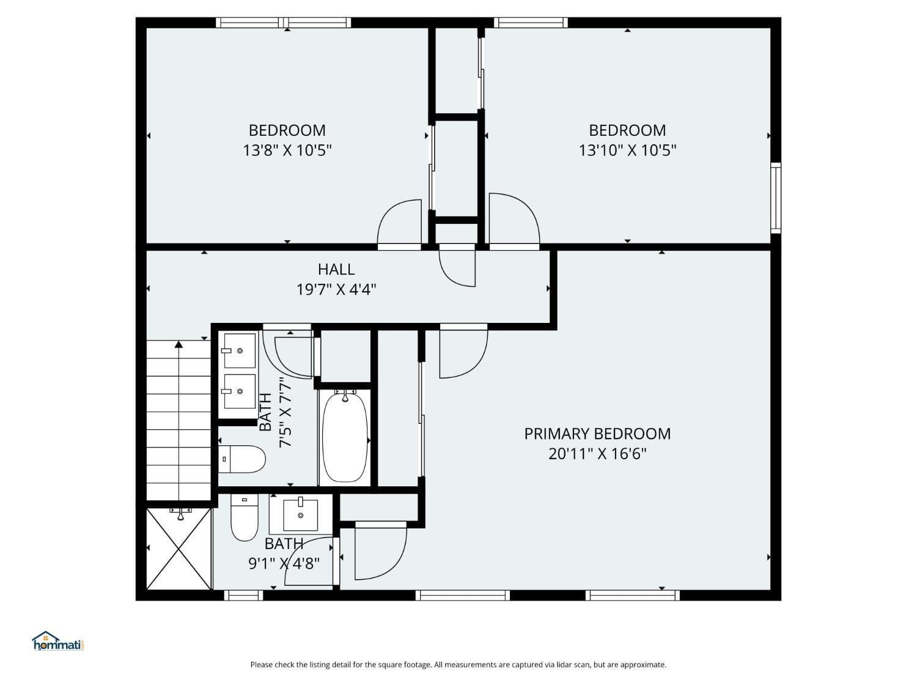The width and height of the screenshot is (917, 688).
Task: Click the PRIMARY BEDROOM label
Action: (597, 434)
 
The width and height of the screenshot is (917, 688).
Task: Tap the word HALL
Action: (336, 269)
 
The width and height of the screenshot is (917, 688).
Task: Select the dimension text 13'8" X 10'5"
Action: (287, 150)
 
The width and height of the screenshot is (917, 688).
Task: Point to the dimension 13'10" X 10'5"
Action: (627, 150)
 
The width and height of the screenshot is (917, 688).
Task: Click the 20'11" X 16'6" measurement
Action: (597, 454)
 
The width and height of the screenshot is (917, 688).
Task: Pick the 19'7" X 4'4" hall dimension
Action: (336, 289)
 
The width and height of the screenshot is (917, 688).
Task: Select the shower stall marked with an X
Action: (179, 549)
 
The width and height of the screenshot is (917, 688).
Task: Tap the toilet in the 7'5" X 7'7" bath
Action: (243, 459)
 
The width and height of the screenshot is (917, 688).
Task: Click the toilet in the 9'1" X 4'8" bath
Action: (245, 519)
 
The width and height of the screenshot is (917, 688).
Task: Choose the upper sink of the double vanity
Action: (239, 350)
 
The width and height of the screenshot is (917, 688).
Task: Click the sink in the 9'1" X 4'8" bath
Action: (301, 515)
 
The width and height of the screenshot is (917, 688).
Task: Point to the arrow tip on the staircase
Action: (179, 345)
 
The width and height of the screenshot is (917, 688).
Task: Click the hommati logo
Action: (57, 642)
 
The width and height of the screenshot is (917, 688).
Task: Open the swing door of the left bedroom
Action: (399, 225)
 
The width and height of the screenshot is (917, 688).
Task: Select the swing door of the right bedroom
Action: (514, 220)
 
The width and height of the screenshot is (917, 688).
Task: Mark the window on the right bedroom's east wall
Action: (776, 198)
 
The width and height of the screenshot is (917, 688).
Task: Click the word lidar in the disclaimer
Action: (556, 665)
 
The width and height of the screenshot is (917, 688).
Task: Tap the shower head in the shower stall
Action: (180, 516)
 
